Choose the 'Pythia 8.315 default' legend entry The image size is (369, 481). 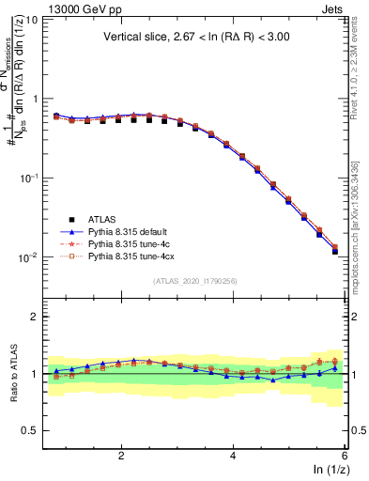[x=132, y=232]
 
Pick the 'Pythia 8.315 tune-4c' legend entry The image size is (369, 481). [x=132, y=243]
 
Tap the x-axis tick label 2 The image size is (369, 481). [x=121, y=456]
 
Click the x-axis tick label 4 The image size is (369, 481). [x=233, y=456]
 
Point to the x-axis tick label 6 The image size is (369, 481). [x=345, y=456]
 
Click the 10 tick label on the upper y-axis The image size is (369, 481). [x=31, y=19]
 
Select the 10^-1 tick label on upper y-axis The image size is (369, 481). [x=29, y=178]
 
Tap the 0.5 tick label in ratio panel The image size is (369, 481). [x=31, y=430]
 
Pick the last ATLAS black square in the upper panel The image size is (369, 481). [x=335, y=252]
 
